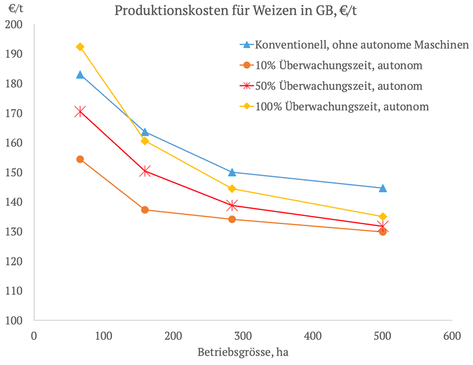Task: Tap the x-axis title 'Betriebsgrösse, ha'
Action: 243,352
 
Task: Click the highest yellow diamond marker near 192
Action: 80,47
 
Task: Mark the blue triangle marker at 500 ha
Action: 383,188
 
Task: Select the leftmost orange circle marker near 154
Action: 80,159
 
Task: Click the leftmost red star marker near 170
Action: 80,111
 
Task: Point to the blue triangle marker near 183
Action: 80,74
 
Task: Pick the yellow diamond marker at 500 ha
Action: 383,217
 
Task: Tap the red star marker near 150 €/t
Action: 146,171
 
